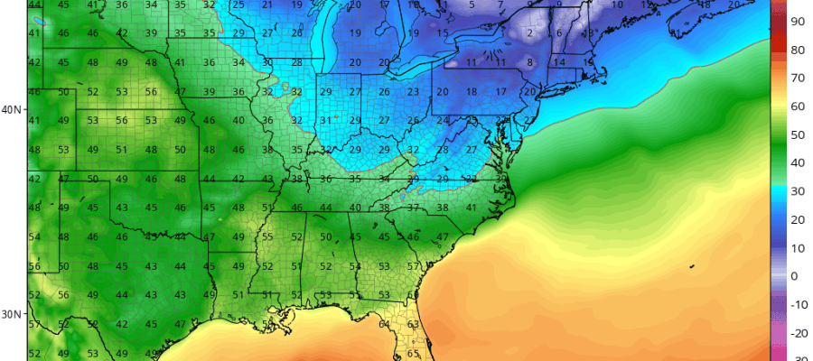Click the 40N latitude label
pos(13,110)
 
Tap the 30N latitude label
pos(13,314)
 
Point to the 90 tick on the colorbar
pos(799,20)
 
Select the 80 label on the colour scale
pos(799,50)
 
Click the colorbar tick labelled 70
pos(799,78)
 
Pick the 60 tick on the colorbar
pos(799,106)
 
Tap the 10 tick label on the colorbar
pos(799,247)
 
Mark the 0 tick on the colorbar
pos(795,276)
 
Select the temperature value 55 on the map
pos(267,236)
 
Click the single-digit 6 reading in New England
pos(560,33)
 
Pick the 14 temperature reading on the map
pos(560,62)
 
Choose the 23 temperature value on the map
pos(413,92)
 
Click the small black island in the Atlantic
pos(691,266)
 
